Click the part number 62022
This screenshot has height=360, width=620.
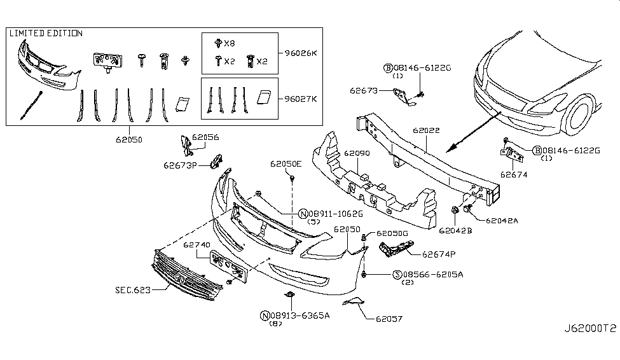click(426, 130)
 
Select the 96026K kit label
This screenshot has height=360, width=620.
click(301, 53)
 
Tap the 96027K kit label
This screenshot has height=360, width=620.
click(301, 99)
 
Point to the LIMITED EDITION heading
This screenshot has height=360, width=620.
click(46, 33)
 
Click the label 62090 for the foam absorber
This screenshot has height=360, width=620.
click(357, 153)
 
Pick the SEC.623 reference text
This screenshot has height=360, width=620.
click(133, 291)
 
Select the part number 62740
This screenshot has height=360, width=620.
click(196, 246)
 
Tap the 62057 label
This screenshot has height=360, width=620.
click(389, 319)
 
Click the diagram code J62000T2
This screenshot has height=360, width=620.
click(589, 329)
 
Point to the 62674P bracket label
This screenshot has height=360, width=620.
click(439, 254)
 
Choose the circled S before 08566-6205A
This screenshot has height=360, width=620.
click(397, 275)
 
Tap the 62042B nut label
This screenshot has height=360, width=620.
click(455, 231)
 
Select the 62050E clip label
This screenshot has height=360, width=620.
click(286, 163)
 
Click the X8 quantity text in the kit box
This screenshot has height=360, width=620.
click(230, 43)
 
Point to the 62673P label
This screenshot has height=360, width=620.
click(181, 165)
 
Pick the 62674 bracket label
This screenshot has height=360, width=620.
click(514, 175)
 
